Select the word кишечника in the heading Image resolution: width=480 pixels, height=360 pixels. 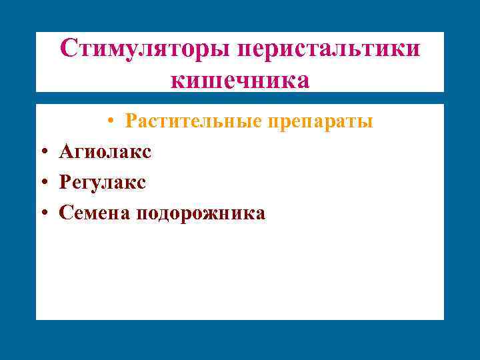point(240,80)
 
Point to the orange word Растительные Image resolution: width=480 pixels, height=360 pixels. point(193,122)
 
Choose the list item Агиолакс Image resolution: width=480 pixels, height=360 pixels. point(105,152)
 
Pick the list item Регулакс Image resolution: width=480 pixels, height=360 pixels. point(103,182)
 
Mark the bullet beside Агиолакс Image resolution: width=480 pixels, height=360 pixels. point(42,153)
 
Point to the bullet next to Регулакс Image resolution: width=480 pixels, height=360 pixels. point(42,183)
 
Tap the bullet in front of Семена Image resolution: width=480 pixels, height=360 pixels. point(42,213)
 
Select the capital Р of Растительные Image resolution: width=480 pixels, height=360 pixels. point(131,122)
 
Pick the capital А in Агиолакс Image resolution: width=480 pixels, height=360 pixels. point(65,152)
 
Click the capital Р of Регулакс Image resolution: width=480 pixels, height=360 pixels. point(64,182)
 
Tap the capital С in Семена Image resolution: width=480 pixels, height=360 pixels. point(65,213)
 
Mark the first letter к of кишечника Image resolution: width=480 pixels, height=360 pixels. point(177,81)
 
